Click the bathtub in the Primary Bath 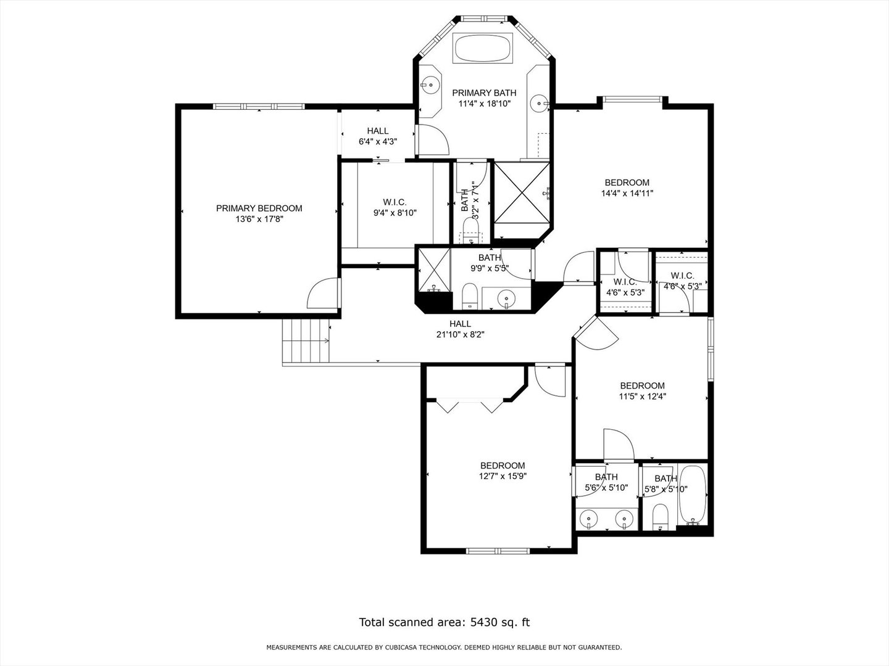pyautogui.click(x=483, y=48)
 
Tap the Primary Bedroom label pyautogui.click(x=259, y=208)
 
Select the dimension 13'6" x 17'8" pyautogui.click(x=259, y=219)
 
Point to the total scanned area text pyautogui.click(x=444, y=622)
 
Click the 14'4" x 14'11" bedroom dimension pyautogui.click(x=627, y=193)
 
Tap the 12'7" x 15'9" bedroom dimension pyautogui.click(x=503, y=476)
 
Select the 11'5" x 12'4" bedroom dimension pyautogui.click(x=642, y=397)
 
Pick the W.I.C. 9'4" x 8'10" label pyautogui.click(x=394, y=207)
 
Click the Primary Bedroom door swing pyautogui.click(x=323, y=294)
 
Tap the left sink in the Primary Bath pyautogui.click(x=430, y=84)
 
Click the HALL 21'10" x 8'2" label pyautogui.click(x=460, y=329)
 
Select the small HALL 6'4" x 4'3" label pyautogui.click(x=378, y=136)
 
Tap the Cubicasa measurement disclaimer pyautogui.click(x=444, y=647)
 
